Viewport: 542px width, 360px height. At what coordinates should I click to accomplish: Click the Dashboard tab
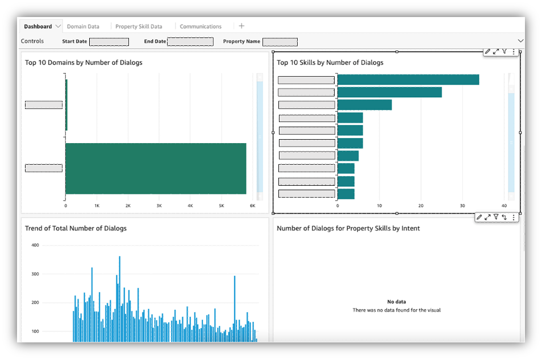(37, 26)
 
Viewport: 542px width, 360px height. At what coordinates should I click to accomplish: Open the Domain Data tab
(83, 26)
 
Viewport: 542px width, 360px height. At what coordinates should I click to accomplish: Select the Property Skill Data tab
(139, 26)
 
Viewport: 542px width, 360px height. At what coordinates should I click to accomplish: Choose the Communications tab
(201, 26)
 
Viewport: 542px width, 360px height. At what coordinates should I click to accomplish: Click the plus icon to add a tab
(241, 26)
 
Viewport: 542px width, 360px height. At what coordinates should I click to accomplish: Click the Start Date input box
(109, 41)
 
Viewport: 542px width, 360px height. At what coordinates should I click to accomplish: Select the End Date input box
(190, 41)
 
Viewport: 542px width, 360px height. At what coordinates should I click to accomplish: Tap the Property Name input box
(280, 41)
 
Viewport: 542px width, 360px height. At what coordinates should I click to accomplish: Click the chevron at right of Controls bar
(520, 41)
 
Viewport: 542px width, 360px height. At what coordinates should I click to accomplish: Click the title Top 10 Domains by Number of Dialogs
(84, 62)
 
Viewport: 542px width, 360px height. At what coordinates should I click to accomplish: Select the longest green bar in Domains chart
(156, 169)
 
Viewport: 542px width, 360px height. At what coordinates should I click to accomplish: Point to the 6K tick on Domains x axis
(253, 206)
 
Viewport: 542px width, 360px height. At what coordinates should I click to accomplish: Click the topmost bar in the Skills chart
(408, 79)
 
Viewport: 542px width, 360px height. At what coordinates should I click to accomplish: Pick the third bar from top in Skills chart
(364, 104)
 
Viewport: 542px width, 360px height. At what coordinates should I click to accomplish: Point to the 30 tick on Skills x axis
(462, 206)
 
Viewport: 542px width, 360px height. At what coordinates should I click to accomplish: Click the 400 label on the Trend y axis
(35, 245)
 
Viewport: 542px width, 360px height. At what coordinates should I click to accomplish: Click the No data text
(397, 302)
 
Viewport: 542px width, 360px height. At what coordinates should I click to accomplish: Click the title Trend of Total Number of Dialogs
(76, 228)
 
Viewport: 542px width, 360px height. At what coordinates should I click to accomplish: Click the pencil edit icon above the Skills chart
(487, 52)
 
